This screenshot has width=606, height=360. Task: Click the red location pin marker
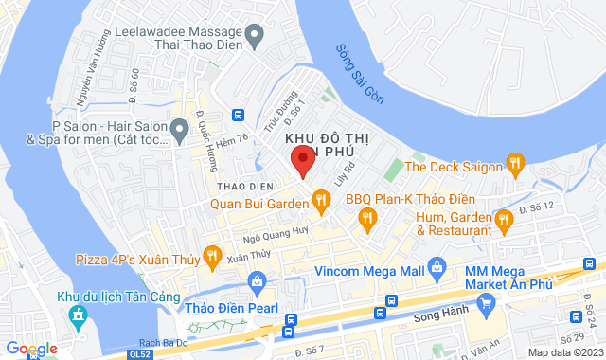coord(301,160)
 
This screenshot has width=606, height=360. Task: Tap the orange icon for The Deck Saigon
coord(515,164)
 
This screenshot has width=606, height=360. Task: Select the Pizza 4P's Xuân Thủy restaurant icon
coord(212,255)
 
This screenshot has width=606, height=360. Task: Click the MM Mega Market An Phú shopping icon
coord(487,303)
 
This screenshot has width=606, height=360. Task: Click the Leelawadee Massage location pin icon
coord(254,37)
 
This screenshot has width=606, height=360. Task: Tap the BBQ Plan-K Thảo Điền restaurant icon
coord(367,220)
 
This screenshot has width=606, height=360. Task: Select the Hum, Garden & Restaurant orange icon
coord(504,222)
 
